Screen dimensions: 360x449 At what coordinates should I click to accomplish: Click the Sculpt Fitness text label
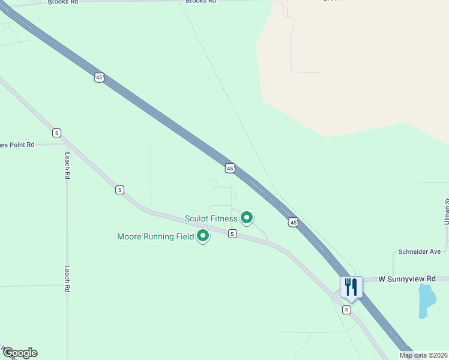tap(211, 218)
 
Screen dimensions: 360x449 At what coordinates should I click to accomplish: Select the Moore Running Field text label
tap(155, 236)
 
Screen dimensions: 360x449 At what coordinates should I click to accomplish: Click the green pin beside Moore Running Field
tap(203, 236)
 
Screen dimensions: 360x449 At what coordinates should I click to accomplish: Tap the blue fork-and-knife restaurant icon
tap(351, 287)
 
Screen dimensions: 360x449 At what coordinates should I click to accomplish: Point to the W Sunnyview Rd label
tap(407, 279)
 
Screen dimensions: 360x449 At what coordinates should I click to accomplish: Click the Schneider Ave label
tap(420, 252)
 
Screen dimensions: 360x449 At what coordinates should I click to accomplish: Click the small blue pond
tap(426, 300)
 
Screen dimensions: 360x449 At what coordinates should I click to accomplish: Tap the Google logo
tap(20, 353)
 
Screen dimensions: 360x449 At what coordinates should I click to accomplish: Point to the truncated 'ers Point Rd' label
tap(17, 145)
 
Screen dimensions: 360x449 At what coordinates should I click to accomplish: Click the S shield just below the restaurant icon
tap(346, 310)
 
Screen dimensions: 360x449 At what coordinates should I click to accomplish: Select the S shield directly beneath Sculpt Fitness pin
tap(232, 234)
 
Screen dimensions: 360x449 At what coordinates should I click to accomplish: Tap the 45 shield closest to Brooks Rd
tap(99, 77)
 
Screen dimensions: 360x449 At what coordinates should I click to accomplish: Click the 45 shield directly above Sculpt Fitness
tap(230, 169)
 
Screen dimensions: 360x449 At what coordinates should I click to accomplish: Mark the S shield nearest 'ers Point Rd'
tap(56, 133)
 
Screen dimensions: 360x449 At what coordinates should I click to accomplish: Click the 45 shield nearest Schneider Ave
tap(293, 223)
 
